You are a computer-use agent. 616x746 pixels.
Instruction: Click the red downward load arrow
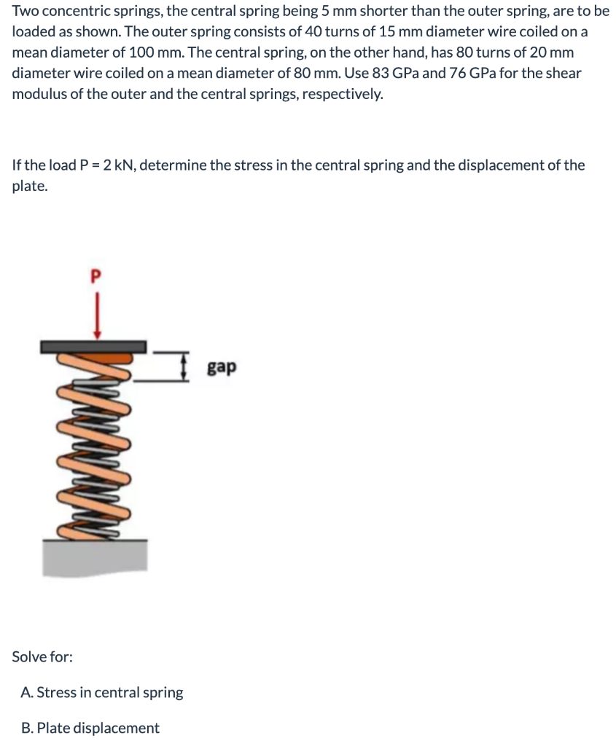(x=97, y=315)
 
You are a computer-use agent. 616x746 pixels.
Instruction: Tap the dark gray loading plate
(x=93, y=347)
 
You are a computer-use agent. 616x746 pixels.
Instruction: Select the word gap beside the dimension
(x=222, y=368)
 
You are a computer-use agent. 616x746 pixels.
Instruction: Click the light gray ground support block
(x=95, y=557)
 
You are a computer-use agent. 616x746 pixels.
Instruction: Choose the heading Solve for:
(x=42, y=656)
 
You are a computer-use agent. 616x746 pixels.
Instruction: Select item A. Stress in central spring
(x=102, y=692)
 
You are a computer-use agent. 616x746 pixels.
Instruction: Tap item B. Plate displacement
(x=90, y=728)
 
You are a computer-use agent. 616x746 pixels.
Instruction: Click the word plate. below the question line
(x=30, y=186)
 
